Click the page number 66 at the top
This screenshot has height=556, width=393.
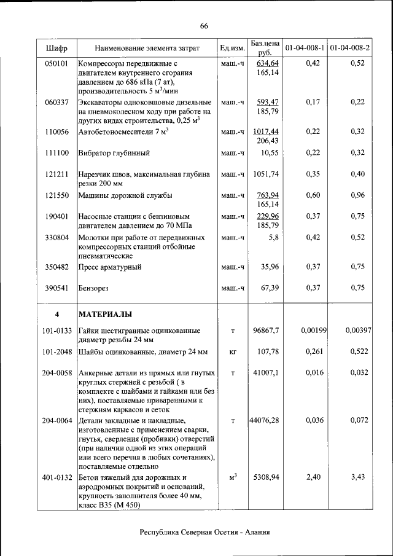(x=204, y=25)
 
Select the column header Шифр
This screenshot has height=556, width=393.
(x=56, y=48)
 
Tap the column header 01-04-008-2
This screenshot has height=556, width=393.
(x=349, y=47)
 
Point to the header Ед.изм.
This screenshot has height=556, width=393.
(x=232, y=48)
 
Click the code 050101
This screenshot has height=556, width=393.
(x=56, y=63)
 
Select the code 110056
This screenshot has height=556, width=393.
(x=56, y=131)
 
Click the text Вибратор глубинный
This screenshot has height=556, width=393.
(x=114, y=153)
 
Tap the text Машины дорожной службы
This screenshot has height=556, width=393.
(x=125, y=195)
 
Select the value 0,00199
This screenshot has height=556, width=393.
(x=313, y=331)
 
